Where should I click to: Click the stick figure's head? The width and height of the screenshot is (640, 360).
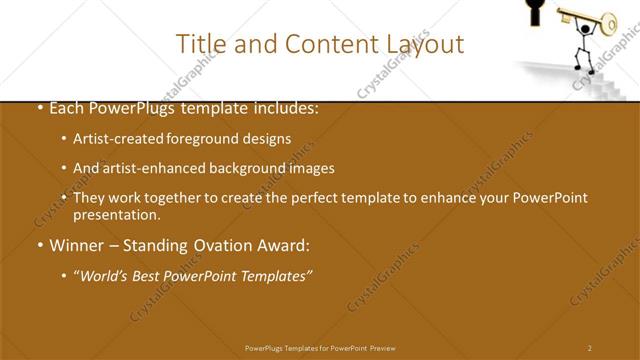584,29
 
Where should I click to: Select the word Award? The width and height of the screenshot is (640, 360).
279,244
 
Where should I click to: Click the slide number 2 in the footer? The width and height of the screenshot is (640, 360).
590,348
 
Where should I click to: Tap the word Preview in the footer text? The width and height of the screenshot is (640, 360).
383,348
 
